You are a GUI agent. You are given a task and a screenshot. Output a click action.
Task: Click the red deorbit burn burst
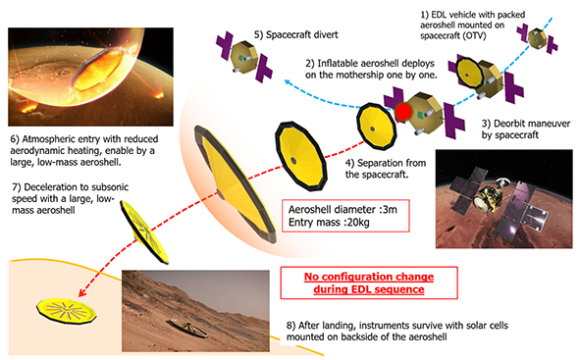tap(403, 111)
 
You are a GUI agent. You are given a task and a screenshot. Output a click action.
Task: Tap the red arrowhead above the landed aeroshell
tap(82, 292)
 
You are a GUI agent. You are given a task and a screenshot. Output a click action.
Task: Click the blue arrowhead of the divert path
tap(288, 81)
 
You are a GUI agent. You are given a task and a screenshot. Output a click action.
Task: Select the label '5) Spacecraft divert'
tap(295, 34)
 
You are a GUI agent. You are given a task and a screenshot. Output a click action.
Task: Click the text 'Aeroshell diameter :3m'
tap(342, 210)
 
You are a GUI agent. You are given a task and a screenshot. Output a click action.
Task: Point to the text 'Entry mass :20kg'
tap(329, 223)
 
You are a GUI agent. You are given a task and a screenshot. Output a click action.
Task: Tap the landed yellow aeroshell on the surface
tap(67, 311)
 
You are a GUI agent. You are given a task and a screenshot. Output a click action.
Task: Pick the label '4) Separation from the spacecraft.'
tap(386, 169)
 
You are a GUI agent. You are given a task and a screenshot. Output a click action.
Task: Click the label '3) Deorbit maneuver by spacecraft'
tap(525, 129)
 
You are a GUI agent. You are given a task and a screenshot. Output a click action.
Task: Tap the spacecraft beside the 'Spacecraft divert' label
tap(244, 57)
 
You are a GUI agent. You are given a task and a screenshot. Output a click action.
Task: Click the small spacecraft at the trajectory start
tap(538, 38)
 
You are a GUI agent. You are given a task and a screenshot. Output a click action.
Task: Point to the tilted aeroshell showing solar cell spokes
tap(144, 231)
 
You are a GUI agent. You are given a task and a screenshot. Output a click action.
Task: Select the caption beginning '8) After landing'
tap(396, 332)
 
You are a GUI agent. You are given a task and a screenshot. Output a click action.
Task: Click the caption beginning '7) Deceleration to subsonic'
tap(70, 199)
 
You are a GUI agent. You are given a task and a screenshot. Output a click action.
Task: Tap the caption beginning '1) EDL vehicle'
tap(473, 26)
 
